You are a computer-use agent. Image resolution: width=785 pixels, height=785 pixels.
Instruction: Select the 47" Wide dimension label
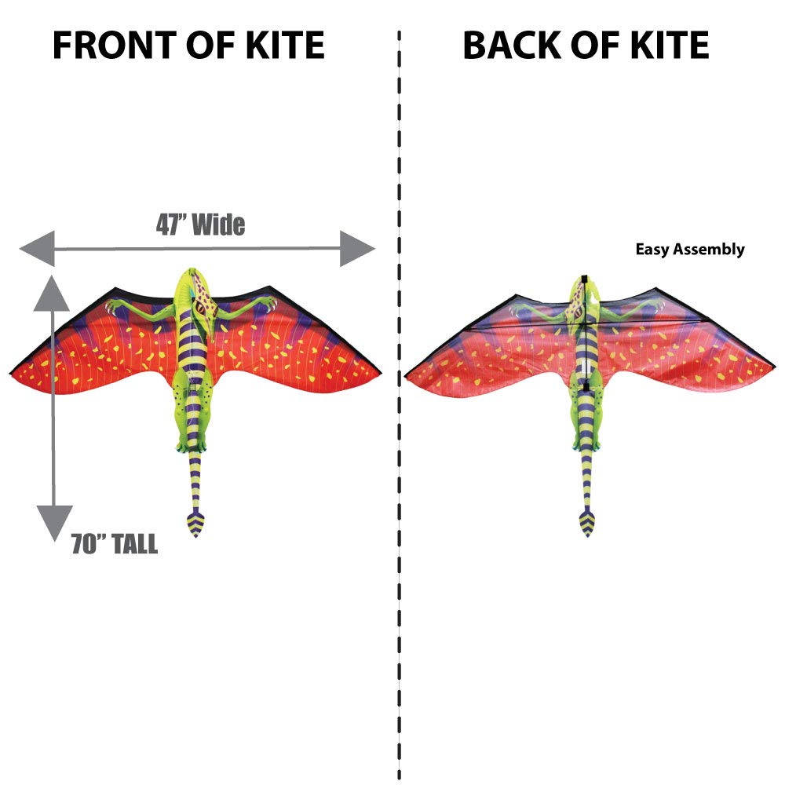(x=200, y=225)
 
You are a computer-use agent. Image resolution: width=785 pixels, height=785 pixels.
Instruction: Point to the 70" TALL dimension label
(x=115, y=544)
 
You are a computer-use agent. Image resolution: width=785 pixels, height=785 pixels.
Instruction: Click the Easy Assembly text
(x=690, y=250)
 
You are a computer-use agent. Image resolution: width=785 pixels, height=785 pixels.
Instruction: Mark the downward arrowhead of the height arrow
(x=53, y=521)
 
